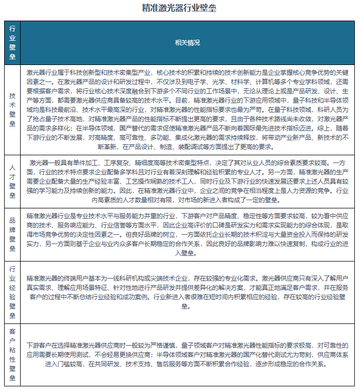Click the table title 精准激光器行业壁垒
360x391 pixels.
click(x=179, y=8)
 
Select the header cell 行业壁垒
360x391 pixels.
click(x=12, y=42)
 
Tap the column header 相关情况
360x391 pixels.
click(x=187, y=43)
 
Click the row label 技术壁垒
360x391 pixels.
click(x=12, y=109)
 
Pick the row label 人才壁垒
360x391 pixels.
click(x=12, y=181)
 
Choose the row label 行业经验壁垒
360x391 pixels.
click(x=12, y=291)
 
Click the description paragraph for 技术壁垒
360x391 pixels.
click(x=187, y=109)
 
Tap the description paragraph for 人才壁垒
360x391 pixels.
click(x=187, y=181)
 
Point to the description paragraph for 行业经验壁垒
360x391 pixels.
click(x=187, y=291)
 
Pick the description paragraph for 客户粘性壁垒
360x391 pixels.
click(x=187, y=354)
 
